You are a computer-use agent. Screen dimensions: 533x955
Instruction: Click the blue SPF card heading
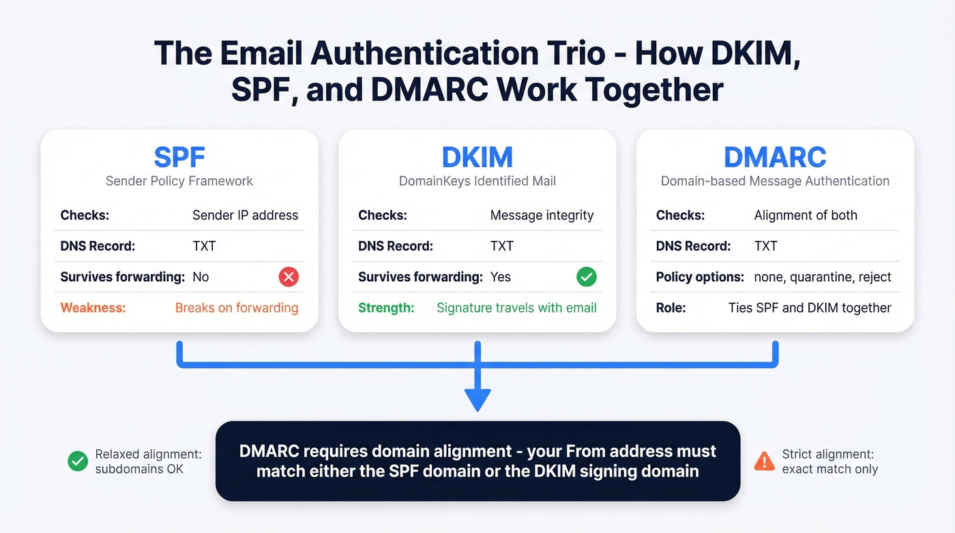(x=179, y=157)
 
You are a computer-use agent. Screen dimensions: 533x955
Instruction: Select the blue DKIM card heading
(x=477, y=157)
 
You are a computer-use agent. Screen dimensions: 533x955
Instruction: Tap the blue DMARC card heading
(x=775, y=157)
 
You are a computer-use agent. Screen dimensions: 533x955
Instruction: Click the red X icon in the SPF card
(x=289, y=277)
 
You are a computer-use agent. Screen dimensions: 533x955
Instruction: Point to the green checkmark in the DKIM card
(x=586, y=277)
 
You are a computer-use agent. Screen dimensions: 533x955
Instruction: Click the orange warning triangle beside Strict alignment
(x=764, y=462)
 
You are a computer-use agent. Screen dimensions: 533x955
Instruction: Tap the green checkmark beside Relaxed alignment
(x=78, y=462)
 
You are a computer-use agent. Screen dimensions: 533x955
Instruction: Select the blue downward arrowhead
(x=477, y=399)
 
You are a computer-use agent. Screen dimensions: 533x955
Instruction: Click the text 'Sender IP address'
(x=245, y=215)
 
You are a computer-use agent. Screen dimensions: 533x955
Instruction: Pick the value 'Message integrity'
(x=542, y=215)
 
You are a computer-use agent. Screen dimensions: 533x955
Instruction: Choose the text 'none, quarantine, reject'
(x=823, y=277)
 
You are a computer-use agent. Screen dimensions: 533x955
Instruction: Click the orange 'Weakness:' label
(x=93, y=308)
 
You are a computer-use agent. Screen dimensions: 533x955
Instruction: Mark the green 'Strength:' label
(x=386, y=308)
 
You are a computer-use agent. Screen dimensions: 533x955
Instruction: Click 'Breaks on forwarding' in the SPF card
(x=237, y=308)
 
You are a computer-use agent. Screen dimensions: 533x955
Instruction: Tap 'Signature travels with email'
(x=516, y=308)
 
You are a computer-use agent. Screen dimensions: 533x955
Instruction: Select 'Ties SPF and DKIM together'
(x=810, y=308)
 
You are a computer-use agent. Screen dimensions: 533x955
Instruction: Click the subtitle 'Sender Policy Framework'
(x=179, y=181)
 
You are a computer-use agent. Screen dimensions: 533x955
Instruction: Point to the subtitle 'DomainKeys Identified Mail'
(x=477, y=181)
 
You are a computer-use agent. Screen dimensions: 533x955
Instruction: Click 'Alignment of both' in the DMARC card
(x=806, y=215)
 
